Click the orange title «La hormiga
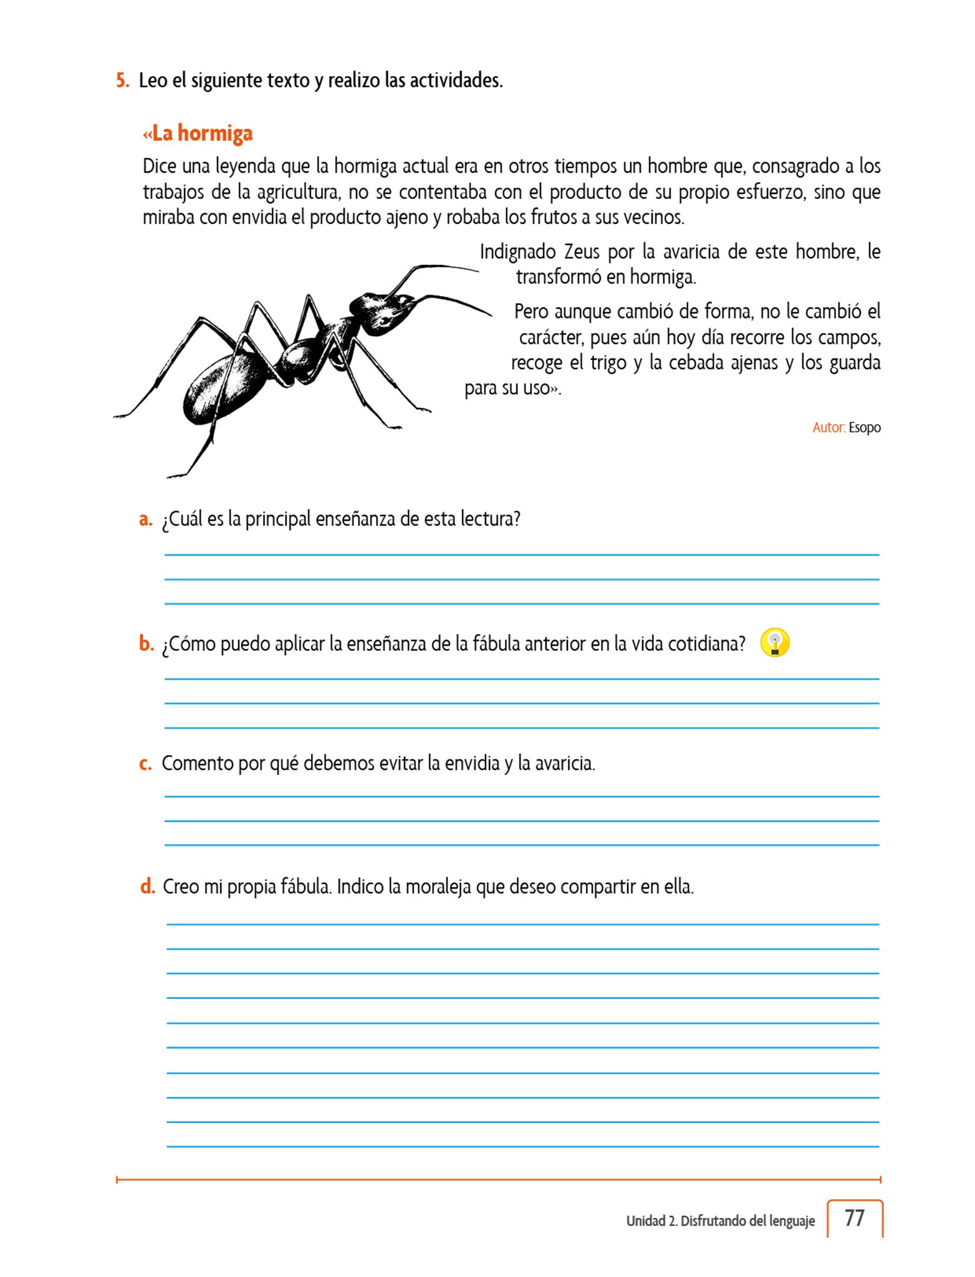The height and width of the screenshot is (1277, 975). click(x=198, y=133)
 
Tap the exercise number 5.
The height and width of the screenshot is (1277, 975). click(x=122, y=80)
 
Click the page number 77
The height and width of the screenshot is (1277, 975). click(x=854, y=1218)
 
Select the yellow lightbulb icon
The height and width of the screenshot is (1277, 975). click(x=775, y=643)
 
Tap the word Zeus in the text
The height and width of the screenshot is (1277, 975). click(x=582, y=252)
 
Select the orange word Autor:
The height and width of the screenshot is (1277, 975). click(x=829, y=428)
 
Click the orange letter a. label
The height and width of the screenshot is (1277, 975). click(x=145, y=519)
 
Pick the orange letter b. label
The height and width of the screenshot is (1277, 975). click(x=146, y=643)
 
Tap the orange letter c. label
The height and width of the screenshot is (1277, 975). click(x=145, y=763)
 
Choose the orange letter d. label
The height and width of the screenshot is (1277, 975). click(x=147, y=886)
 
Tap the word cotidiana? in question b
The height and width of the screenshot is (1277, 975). click(x=706, y=643)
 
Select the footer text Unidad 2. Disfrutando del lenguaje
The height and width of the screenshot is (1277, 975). click(x=720, y=1221)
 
